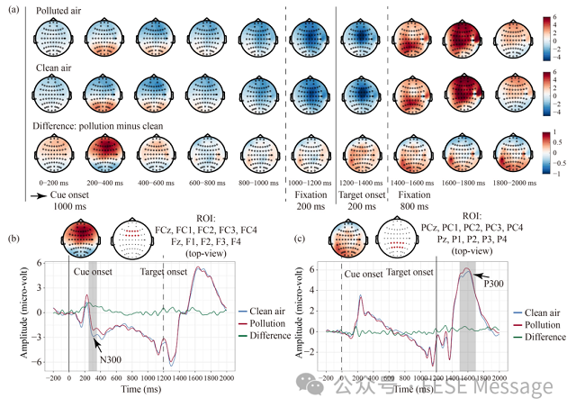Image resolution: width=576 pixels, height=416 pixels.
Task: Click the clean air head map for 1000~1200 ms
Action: [310, 95]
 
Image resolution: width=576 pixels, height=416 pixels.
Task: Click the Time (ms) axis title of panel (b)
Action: [143, 393]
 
